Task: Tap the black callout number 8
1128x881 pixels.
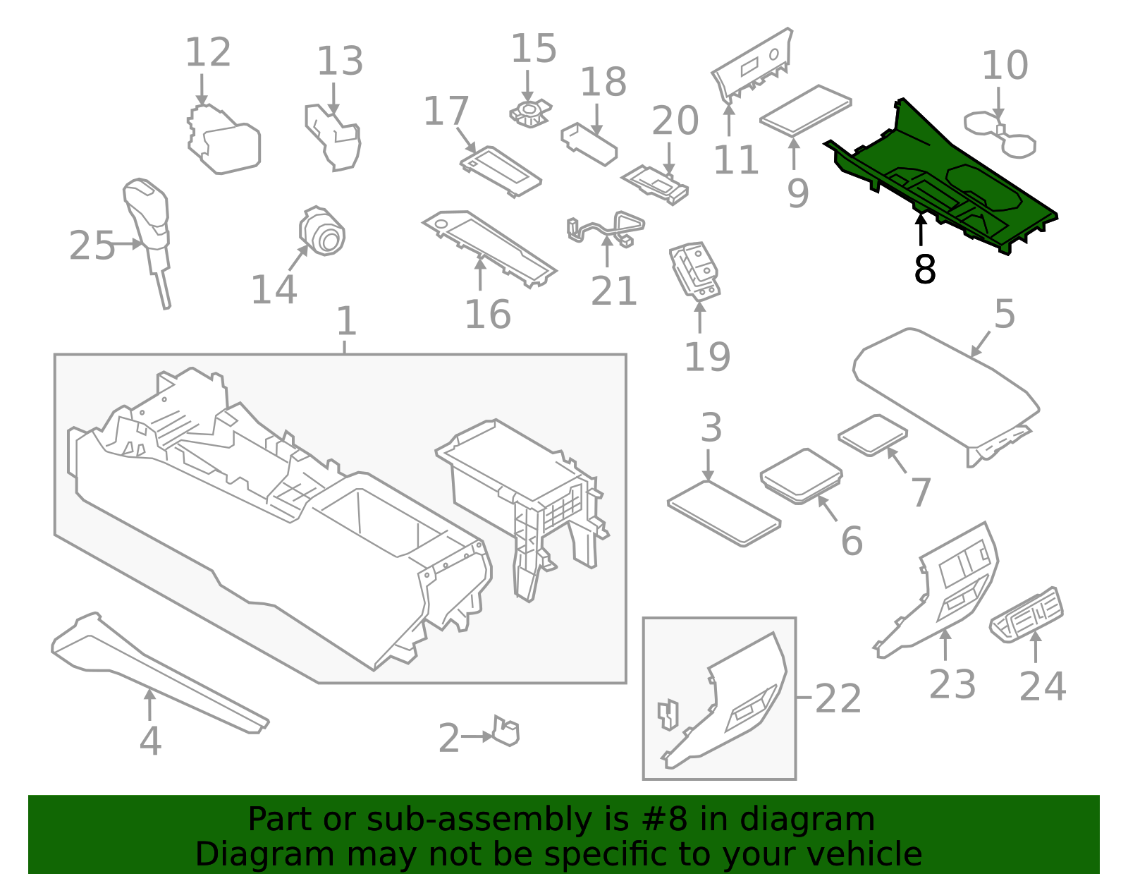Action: [924, 269]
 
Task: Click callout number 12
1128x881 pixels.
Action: [208, 53]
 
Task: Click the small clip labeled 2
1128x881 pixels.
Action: [506, 731]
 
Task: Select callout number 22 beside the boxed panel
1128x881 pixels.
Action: [838, 699]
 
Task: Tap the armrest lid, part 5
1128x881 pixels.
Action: [945, 388]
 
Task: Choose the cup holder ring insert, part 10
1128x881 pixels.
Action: [1000, 134]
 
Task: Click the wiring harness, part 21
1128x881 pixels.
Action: [606, 227]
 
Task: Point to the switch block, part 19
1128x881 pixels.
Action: [695, 272]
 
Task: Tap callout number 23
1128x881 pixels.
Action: [952, 684]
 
